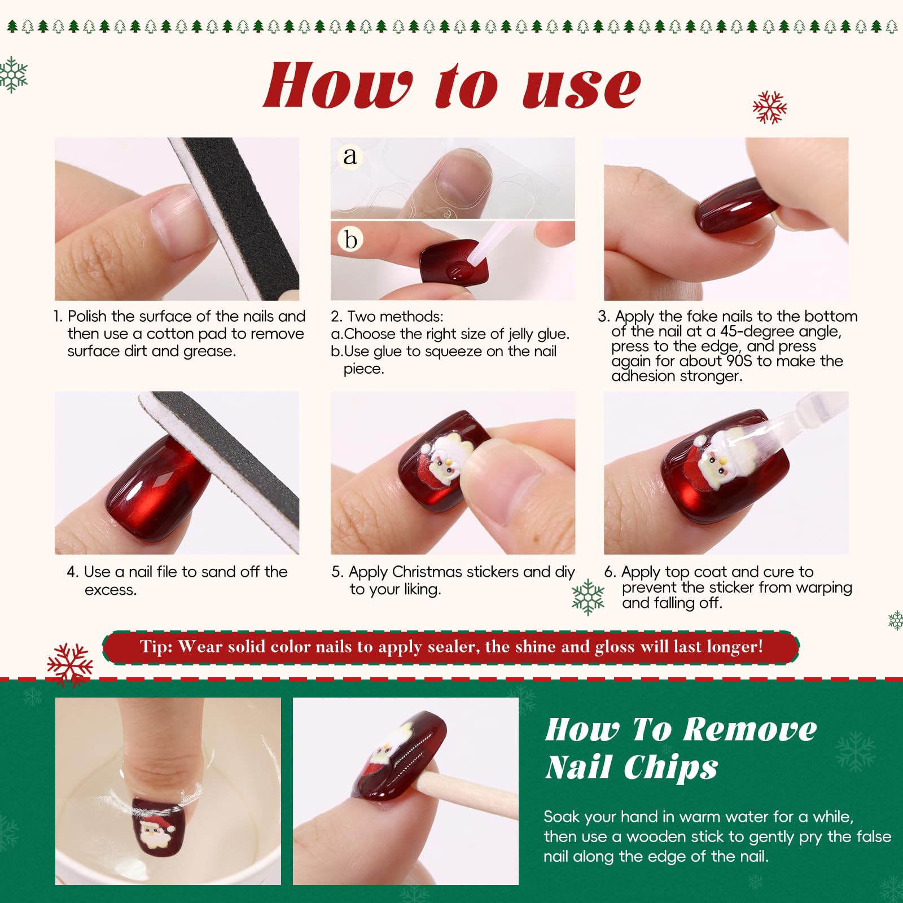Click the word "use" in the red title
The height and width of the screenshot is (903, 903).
582,87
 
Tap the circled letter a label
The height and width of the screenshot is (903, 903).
350,156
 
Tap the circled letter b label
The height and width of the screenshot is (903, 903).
350,239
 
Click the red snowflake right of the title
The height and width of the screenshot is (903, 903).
769,107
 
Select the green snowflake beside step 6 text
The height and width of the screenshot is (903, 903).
588,597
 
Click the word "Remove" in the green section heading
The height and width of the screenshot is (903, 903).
751,729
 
